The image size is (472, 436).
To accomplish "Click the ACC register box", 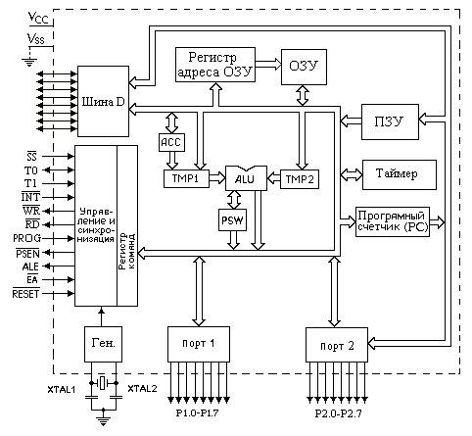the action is (x=171, y=142).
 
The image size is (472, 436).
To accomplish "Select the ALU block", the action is (x=246, y=178).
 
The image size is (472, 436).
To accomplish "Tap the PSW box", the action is (x=232, y=219).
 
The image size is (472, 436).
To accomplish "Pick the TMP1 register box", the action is (x=186, y=178).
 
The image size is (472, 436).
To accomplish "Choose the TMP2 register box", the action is (x=300, y=179).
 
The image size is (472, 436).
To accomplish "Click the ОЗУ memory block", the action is (x=304, y=67).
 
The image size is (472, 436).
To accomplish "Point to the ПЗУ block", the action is (x=390, y=121).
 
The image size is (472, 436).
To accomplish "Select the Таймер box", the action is (x=400, y=174).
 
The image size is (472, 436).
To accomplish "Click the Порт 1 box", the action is (x=199, y=344).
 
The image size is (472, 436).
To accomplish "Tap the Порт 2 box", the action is (x=337, y=345).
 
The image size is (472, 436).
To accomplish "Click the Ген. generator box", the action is (x=103, y=344).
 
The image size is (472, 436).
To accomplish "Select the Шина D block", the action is (x=103, y=101).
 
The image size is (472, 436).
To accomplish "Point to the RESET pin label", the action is (x=25, y=294).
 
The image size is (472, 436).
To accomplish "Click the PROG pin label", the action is (x=27, y=238).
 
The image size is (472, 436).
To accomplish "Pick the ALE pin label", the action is (x=30, y=266).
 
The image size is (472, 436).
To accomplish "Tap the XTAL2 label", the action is (x=142, y=389).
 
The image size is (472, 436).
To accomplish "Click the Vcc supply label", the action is (x=38, y=18).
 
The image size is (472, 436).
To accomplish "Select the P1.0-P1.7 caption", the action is (x=197, y=413).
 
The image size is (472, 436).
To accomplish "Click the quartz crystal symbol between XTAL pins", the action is (x=103, y=383).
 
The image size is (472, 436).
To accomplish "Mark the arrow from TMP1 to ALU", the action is (x=217, y=178).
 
